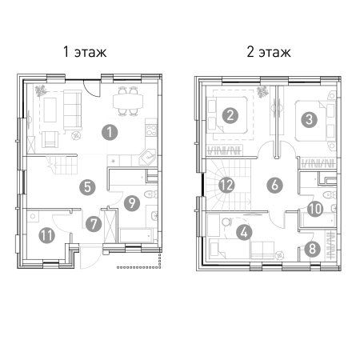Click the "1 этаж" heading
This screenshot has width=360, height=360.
[85, 52]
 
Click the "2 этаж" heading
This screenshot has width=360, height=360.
[269, 52]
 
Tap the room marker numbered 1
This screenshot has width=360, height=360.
[110, 132]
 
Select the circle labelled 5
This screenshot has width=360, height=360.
[87, 187]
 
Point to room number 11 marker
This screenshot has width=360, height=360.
[47, 235]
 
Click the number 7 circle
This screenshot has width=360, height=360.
[94, 224]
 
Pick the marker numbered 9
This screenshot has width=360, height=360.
[132, 203]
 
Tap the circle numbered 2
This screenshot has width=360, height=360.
[230, 115]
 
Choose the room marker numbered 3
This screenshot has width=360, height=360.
[309, 119]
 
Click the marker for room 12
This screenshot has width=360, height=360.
[226, 185]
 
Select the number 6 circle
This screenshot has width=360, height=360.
[275, 185]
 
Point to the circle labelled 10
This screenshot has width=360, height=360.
[315, 209]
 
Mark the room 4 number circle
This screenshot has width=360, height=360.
[244, 232]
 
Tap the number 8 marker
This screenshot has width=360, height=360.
[312, 249]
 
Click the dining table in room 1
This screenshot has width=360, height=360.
[128, 102]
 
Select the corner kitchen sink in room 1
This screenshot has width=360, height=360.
[147, 158]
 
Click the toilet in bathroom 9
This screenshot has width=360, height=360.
[151, 194]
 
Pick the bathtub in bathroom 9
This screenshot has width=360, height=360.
[136, 235]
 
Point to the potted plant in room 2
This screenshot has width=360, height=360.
[262, 92]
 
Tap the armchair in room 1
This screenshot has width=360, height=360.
[50, 139]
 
